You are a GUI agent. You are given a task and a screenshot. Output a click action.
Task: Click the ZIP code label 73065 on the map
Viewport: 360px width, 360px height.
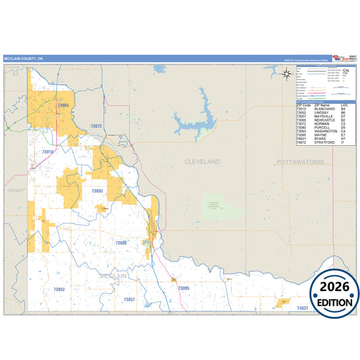tap(63, 105)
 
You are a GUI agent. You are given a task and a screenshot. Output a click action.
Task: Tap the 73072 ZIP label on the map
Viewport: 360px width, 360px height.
tap(96, 126)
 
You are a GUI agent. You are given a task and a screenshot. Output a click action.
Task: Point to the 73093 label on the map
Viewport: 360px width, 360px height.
tap(97, 191)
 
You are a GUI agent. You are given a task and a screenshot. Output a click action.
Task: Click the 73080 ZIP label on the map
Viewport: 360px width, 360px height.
tap(121, 242)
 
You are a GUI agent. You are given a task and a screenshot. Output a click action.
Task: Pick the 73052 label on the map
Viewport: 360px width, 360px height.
tap(59, 290)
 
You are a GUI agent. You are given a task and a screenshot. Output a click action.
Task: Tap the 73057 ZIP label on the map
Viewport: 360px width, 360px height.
tap(129, 299)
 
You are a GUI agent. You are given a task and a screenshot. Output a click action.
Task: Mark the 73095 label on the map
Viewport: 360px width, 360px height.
tap(184, 288)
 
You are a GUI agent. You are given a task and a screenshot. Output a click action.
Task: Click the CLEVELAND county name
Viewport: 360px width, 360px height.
tap(202, 162)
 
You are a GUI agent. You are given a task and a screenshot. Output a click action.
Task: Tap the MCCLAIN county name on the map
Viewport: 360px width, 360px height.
tap(112, 276)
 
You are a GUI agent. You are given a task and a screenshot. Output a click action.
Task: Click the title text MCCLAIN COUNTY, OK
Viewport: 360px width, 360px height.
tap(23, 59)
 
